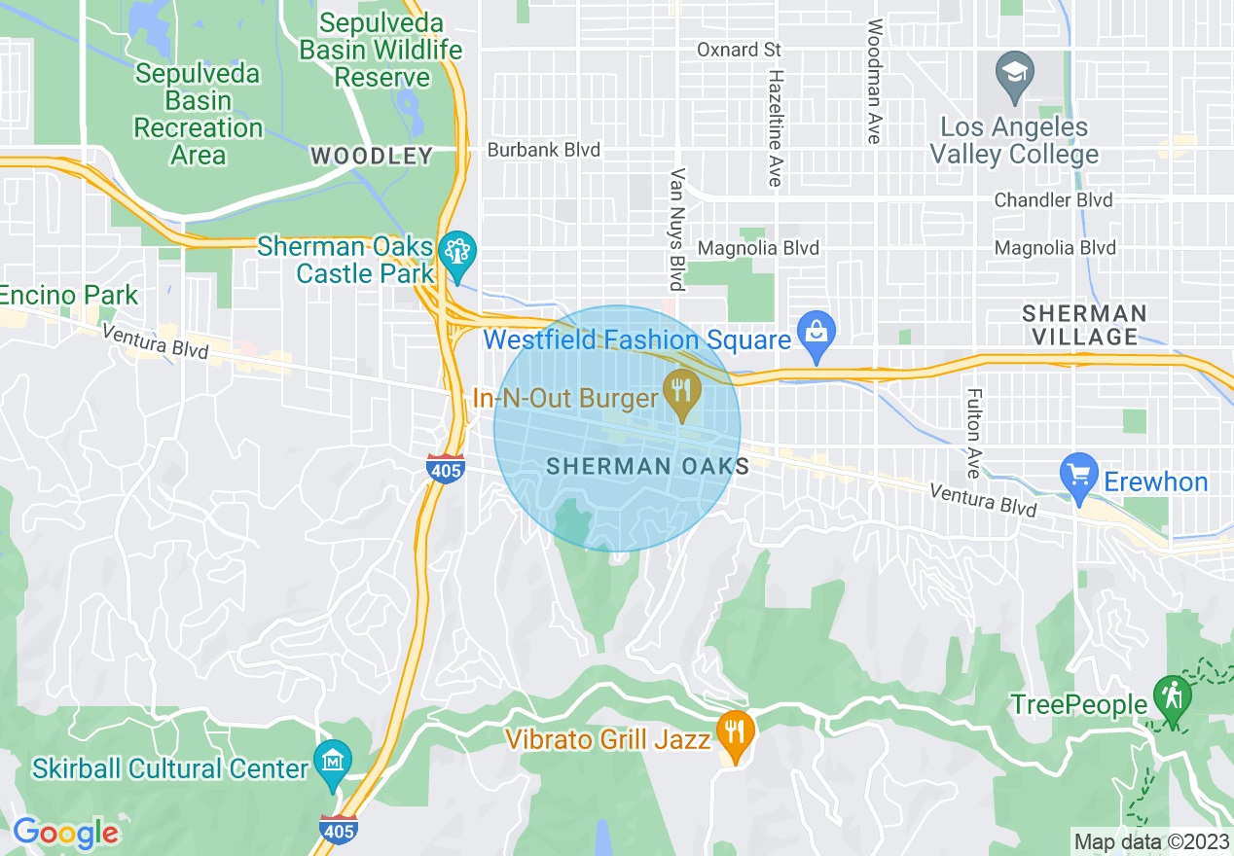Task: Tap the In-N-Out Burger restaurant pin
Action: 682,394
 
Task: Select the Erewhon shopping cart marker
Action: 1079,478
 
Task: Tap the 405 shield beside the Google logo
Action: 338,828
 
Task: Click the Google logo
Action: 65,832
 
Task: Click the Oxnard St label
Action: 740,50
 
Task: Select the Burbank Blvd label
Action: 543,150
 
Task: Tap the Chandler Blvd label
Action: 1053,200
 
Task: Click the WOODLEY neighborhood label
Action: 371,156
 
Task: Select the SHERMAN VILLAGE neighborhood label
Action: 1084,325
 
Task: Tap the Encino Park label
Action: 68,295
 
